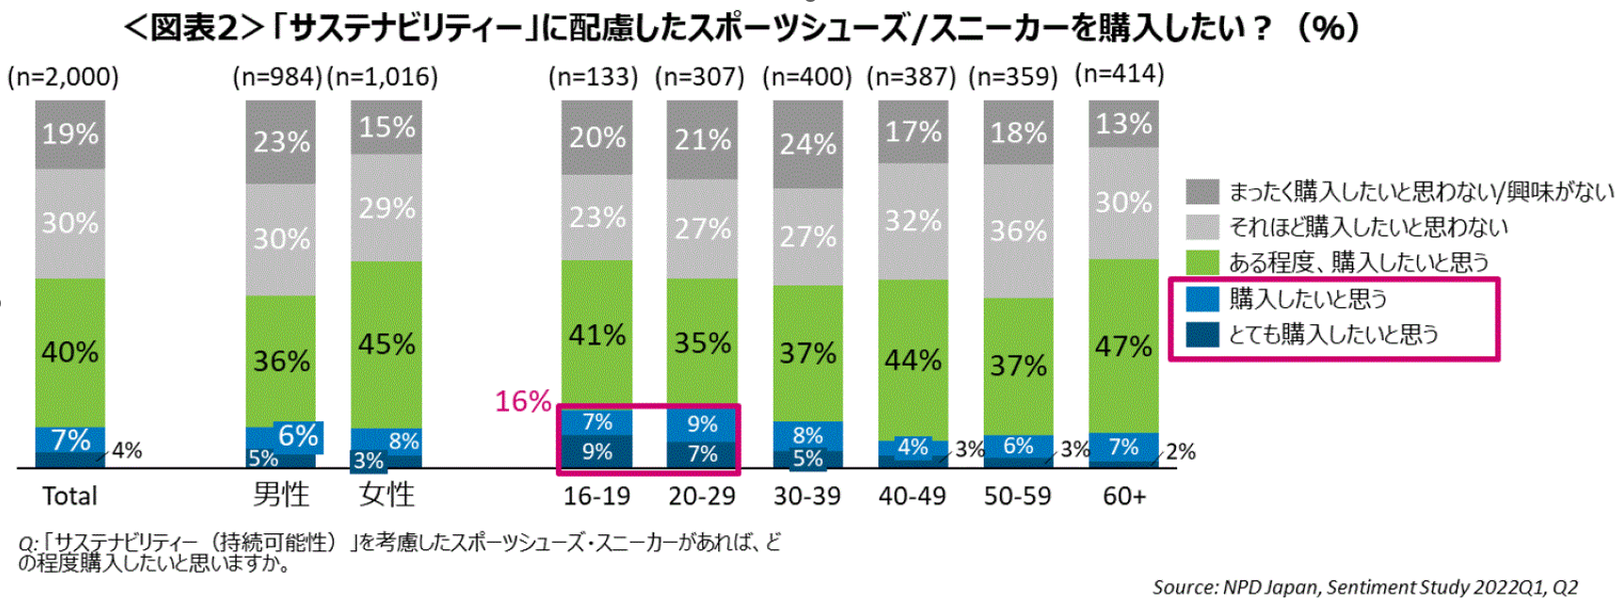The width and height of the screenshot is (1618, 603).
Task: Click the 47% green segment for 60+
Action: coord(1123,346)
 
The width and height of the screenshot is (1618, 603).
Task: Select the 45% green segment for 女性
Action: coord(386,344)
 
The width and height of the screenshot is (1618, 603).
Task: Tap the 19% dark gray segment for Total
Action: coord(70,134)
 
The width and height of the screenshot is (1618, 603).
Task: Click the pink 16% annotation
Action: coord(523,401)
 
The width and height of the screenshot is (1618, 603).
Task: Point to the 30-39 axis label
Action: coord(807,496)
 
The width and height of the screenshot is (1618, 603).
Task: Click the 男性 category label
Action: coord(281,495)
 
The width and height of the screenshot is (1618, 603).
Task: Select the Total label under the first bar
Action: coord(70,496)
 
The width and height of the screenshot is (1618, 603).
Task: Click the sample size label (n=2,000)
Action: coord(63,76)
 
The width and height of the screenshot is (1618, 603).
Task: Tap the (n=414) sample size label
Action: coord(1120,73)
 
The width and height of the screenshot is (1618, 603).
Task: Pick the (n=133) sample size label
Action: coord(594,76)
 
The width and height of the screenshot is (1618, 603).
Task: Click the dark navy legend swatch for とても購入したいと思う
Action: coord(1201,334)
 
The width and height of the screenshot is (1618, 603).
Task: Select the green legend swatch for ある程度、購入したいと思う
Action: coord(1201,262)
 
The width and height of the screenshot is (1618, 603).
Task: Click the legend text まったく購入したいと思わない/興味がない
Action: coord(1420,191)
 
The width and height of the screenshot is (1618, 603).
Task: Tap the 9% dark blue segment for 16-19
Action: coord(597,452)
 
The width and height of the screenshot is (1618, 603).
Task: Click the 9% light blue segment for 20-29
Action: coord(702,424)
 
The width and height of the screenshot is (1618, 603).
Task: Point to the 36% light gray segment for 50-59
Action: coord(1018,231)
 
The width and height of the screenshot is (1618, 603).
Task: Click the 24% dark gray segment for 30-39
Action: coord(808,144)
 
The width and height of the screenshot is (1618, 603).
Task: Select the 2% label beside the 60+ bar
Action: coord(1180,451)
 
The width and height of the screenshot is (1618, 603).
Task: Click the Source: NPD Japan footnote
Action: coord(1365,587)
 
